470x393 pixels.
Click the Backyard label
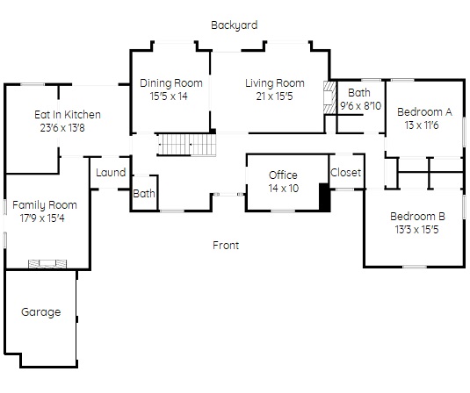234,25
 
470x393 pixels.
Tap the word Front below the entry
226,246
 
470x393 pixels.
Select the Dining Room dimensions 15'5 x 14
169,96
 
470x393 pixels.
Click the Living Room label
275,83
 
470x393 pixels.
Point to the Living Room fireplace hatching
329,97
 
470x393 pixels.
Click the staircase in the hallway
187,145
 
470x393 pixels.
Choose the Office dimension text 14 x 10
284,189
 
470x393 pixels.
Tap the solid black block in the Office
324,197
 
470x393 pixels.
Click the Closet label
345,173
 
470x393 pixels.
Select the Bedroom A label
424,112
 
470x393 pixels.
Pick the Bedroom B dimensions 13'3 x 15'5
416,230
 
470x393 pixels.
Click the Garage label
41,312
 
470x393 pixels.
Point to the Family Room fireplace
47,264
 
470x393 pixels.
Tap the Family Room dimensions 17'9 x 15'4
42,218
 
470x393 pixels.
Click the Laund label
111,173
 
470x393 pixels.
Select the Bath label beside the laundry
144,194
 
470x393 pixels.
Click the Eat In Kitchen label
68,115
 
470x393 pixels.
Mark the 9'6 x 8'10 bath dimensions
360,105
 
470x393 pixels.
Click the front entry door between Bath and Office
228,195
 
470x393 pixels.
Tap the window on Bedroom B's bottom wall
415,267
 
